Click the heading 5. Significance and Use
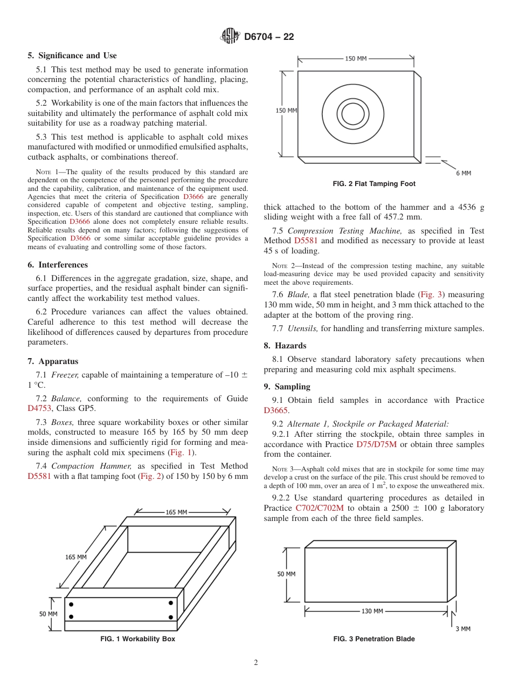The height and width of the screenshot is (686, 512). tap(72, 56)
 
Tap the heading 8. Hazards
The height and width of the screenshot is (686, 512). tap(285, 346)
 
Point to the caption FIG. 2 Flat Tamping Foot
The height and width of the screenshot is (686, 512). tap(374, 184)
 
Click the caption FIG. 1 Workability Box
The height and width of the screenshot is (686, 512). tap(137, 639)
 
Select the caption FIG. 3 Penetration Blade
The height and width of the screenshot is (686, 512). tap(374, 639)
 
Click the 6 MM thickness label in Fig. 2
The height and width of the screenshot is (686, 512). tap(463, 173)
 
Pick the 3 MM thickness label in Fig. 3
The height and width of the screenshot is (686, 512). tap(462, 629)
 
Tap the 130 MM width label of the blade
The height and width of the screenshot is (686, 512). tap(372, 611)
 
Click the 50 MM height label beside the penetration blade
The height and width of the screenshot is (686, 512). tap(286, 574)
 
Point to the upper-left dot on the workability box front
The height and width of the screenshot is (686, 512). tap(71, 603)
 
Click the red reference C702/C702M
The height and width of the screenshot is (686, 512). tap(320, 508)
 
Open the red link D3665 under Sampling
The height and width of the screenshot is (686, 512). tap(275, 410)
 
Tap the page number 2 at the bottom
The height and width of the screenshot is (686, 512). tap(256, 663)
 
